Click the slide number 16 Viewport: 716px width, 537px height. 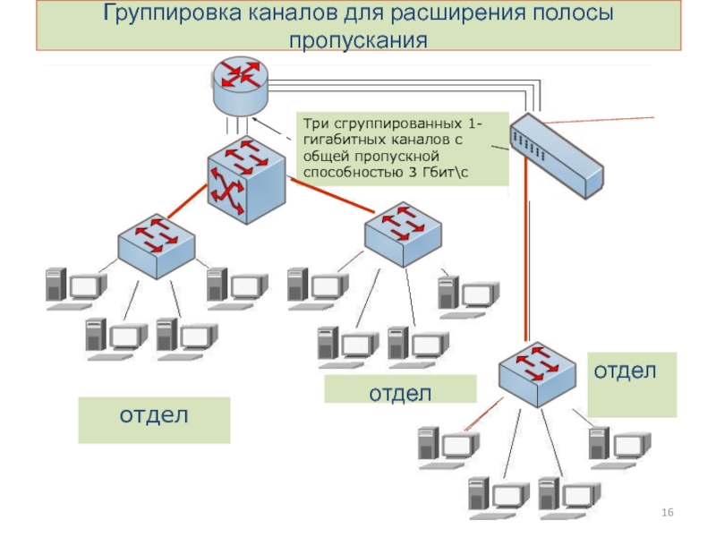(x=667, y=511)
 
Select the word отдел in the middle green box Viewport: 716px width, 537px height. (x=400, y=392)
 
